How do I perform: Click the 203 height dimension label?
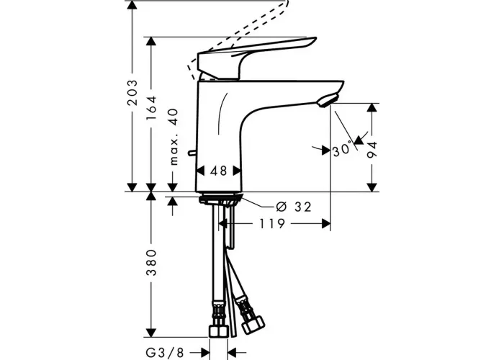[132, 92]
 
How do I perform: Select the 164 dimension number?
[150, 108]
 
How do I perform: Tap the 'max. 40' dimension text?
[174, 137]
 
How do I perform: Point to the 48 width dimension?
[219, 171]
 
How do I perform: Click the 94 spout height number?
[372, 150]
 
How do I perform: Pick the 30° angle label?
[341, 150]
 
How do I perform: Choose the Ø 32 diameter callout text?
[294, 207]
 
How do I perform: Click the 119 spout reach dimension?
[272, 223]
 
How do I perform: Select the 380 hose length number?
[150, 262]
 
